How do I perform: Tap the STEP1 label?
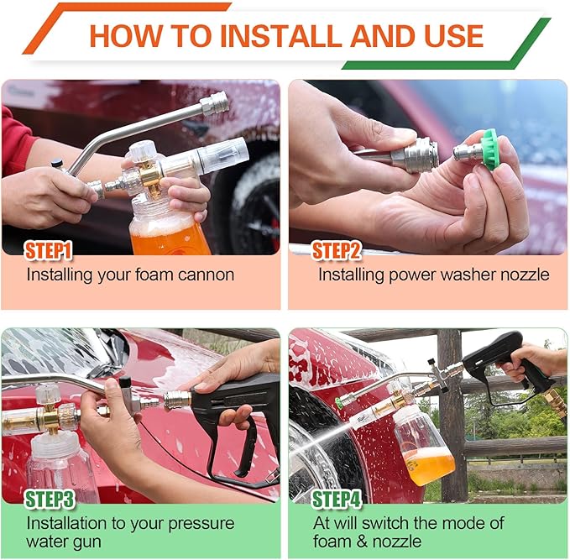coord(49,250)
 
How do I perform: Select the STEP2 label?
coord(337,250)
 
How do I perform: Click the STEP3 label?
coord(49,500)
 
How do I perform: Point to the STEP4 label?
coord(337,500)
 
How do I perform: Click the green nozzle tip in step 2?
coord(489,149)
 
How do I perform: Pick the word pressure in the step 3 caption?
coord(201,524)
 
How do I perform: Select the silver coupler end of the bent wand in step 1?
coord(214,104)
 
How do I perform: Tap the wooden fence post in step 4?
coord(449,395)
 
